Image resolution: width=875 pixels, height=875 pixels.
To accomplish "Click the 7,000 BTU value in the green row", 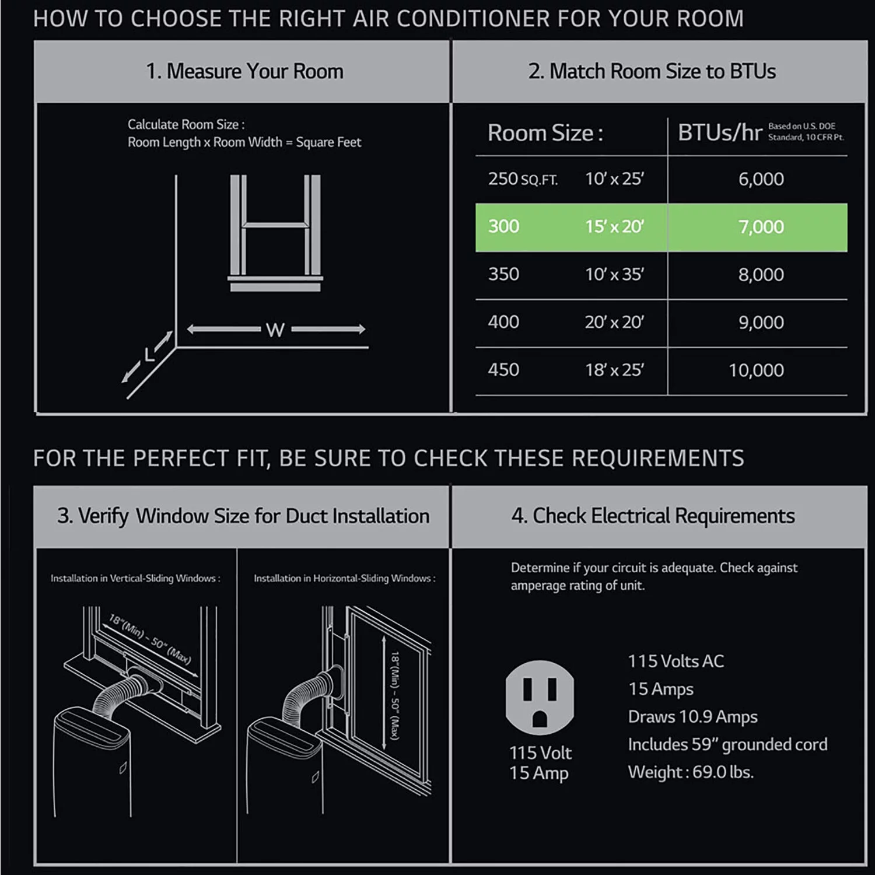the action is coord(761,227).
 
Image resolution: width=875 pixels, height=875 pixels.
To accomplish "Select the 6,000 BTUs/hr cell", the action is coord(761,179).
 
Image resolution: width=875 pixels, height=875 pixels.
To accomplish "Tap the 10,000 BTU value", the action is coord(756,370).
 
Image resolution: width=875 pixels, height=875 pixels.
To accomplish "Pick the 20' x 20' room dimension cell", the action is coord(614,322).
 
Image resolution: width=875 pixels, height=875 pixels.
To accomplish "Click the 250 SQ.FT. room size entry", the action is coord(523,179).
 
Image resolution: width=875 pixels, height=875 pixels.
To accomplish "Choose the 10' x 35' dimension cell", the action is coord(614,274).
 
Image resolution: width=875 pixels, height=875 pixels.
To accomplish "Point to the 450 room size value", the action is coord(503,370).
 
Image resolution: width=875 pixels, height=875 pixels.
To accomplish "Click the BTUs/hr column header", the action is coord(720,133).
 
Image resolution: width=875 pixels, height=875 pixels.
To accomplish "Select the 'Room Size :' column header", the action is coord(545,133).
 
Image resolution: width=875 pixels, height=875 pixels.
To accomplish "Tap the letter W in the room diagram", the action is coord(275,330).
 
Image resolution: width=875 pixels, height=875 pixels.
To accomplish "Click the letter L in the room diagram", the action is coord(150,354).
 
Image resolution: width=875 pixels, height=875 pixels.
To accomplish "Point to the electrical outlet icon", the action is coord(540,697).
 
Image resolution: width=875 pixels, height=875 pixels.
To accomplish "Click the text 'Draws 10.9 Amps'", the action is coord(692,717).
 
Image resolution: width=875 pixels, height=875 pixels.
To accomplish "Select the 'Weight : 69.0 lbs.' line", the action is coord(691,772).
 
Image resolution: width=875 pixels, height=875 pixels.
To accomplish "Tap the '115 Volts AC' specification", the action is coord(675,661).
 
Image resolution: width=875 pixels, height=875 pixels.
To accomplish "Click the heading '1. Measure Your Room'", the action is coord(244,72).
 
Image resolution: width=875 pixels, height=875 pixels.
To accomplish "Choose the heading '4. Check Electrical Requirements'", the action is coord(653,516).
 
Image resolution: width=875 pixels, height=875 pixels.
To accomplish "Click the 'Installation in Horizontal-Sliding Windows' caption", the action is coord(344,579).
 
